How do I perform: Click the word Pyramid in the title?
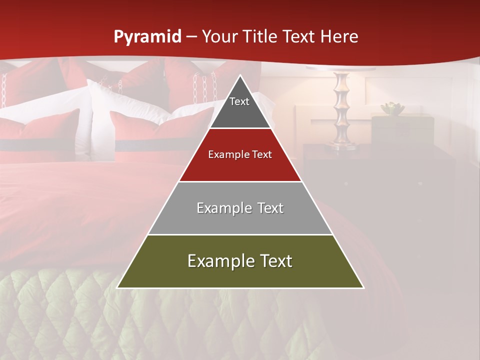tap(147, 36)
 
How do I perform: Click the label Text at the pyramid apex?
tap(239, 101)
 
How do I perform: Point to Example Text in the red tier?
tap(240, 154)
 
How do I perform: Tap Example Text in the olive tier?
tap(240, 261)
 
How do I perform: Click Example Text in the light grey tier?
tap(240, 208)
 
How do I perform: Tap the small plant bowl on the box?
tap(392, 108)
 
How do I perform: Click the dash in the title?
tap(190, 37)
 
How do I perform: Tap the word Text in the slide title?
tap(299, 36)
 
